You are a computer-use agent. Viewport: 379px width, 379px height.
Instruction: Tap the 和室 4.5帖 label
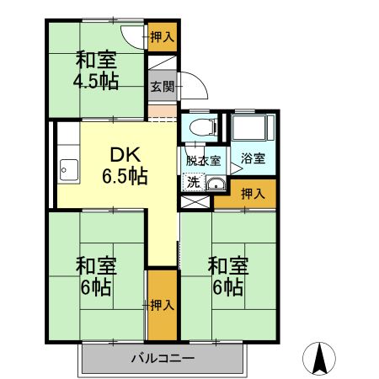click(96, 71)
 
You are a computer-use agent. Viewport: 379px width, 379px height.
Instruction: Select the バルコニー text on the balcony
click(163, 359)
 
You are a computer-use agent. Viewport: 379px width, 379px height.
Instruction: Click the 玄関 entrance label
click(163, 86)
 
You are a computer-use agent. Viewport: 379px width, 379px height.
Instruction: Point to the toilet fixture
click(203, 127)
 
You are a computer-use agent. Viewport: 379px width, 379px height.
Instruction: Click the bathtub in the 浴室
click(253, 127)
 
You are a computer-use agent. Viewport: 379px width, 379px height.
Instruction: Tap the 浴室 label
click(253, 158)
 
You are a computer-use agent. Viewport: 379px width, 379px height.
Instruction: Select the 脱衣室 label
click(204, 161)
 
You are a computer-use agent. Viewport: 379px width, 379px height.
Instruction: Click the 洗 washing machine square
click(194, 183)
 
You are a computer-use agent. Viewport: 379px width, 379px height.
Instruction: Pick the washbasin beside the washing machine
click(216, 184)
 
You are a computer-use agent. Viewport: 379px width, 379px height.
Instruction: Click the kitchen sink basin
click(69, 171)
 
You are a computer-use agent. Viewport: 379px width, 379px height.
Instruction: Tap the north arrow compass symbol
click(319, 358)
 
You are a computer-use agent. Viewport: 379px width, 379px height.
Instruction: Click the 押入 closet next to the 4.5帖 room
click(163, 37)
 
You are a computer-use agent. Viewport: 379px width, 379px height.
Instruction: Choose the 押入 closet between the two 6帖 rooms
click(163, 305)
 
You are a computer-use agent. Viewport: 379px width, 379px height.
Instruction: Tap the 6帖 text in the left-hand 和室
click(95, 287)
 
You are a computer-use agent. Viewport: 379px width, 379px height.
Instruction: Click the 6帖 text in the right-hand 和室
click(227, 287)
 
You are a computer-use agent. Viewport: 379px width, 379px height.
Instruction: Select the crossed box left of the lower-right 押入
click(195, 202)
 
